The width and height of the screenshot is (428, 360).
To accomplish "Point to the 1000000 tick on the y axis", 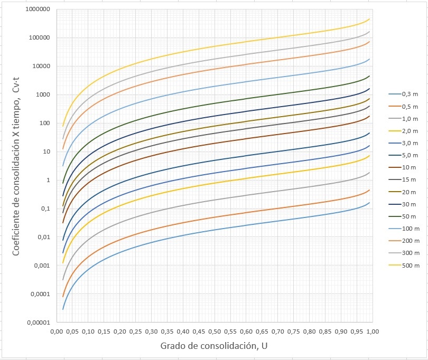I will pyautogui.click(x=38, y=10).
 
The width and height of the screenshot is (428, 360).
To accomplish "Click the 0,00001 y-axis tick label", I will pyautogui.click(x=38, y=323).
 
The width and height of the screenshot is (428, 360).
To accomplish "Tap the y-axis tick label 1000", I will pyautogui.click(x=42, y=95).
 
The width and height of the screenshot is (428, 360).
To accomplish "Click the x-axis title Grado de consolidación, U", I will pyautogui.click(x=214, y=346).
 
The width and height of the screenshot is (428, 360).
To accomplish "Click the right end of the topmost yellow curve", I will pyautogui.click(x=369, y=19).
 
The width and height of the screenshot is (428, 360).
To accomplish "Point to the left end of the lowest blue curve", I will pyautogui.click(x=63, y=309).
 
